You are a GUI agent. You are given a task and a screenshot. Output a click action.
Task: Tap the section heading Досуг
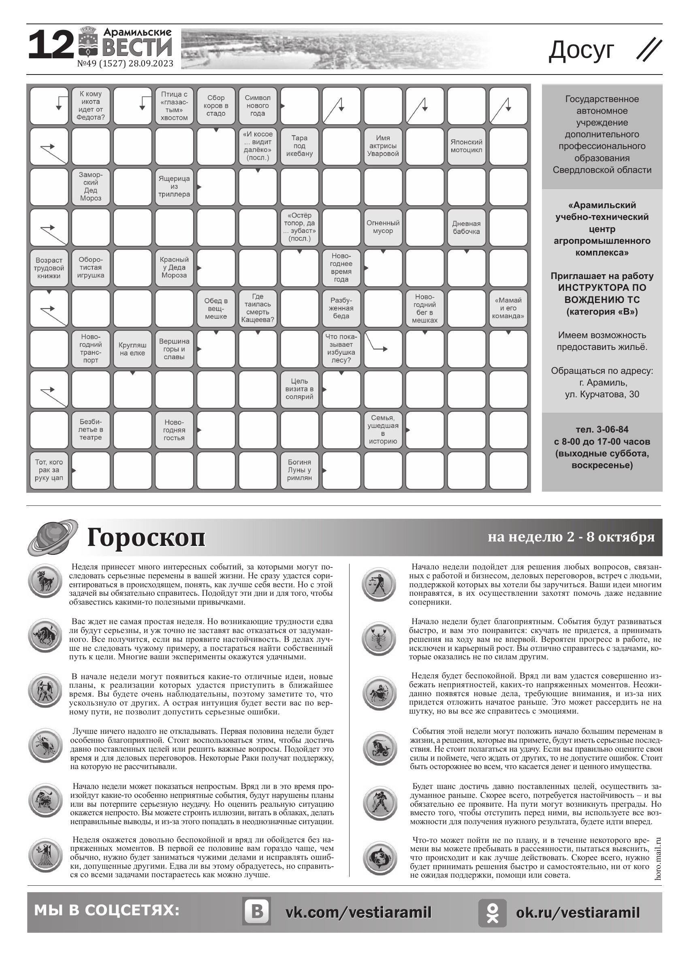(581, 50)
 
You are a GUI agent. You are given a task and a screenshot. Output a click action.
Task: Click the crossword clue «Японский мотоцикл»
(466, 146)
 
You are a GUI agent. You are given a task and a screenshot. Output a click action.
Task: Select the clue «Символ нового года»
(257, 105)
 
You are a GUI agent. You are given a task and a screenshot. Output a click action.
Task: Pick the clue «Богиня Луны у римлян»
(299, 470)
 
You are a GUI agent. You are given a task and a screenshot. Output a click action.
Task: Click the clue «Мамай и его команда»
(508, 308)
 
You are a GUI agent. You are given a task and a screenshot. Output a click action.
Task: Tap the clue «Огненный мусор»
(383, 227)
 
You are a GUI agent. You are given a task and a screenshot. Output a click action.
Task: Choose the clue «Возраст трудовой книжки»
(49, 268)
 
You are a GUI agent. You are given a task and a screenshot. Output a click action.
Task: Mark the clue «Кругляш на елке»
(132, 349)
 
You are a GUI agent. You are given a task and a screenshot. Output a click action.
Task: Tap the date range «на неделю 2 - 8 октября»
(571, 537)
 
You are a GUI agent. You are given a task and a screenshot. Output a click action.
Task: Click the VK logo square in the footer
(256, 912)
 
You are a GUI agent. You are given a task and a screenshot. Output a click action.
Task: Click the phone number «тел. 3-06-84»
(602, 430)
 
